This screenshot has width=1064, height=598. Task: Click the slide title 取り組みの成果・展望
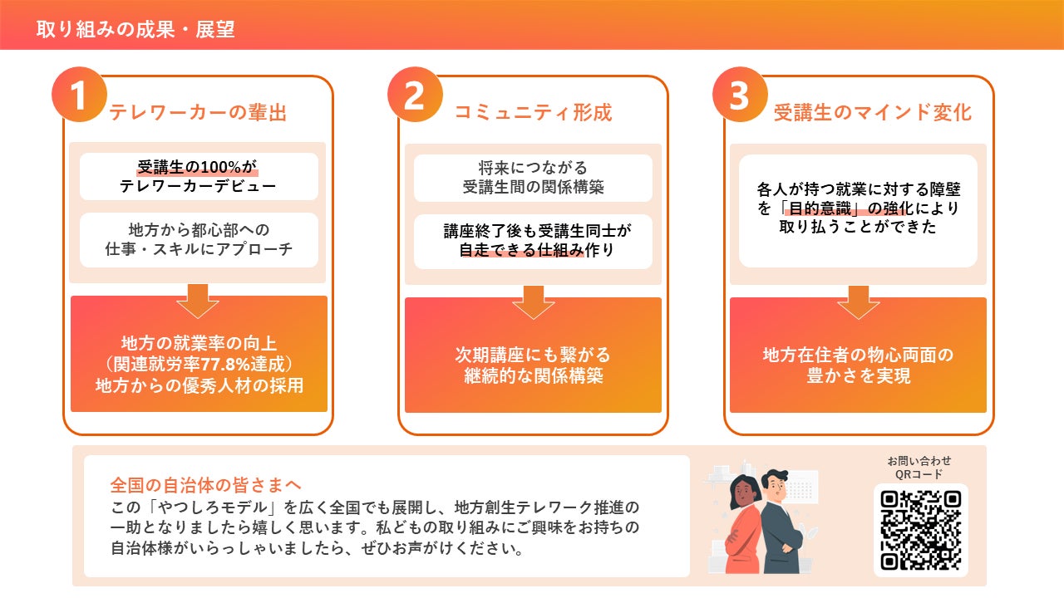[135, 30]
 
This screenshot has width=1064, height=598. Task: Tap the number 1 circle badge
[79, 95]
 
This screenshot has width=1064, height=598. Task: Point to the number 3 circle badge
[739, 95]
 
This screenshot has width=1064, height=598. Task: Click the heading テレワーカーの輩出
[198, 113]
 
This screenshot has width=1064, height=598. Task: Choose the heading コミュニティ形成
[533, 113]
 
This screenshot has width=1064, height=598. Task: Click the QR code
[920, 529]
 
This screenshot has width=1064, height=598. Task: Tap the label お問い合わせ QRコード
[919, 467]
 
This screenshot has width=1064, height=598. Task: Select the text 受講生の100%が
[198, 166]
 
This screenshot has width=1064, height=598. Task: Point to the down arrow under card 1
[198, 301]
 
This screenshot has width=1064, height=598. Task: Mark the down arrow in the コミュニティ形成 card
[533, 302]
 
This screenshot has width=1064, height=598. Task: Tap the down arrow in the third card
[858, 302]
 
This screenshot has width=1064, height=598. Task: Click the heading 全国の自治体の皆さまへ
[205, 484]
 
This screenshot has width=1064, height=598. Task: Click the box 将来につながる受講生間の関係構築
[533, 178]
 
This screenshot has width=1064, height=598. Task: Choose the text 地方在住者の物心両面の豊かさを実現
[858, 365]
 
